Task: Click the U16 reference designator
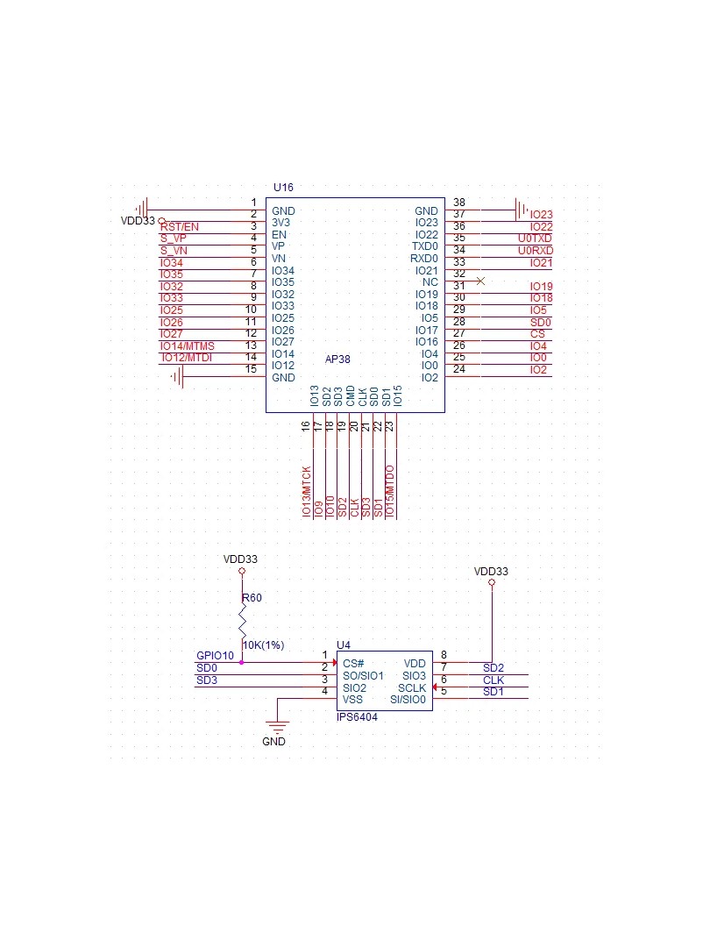(x=283, y=188)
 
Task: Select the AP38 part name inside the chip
(x=337, y=360)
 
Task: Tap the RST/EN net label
(x=180, y=227)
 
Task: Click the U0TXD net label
(x=535, y=239)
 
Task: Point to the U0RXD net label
(x=536, y=251)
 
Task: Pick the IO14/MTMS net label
(x=188, y=346)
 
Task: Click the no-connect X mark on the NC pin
(x=480, y=281)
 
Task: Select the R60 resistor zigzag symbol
(x=242, y=621)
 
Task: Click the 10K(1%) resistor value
(x=263, y=645)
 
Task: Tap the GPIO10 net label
(x=215, y=656)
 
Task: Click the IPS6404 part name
(x=357, y=717)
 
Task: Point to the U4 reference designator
(x=344, y=645)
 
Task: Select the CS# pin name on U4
(x=353, y=664)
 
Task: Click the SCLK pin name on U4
(x=412, y=688)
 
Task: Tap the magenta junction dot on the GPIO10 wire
(x=242, y=663)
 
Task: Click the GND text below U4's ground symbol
(x=273, y=742)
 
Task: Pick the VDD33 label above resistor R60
(x=240, y=559)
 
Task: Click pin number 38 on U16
(x=459, y=203)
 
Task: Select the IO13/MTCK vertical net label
(x=307, y=491)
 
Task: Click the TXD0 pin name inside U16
(x=425, y=246)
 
